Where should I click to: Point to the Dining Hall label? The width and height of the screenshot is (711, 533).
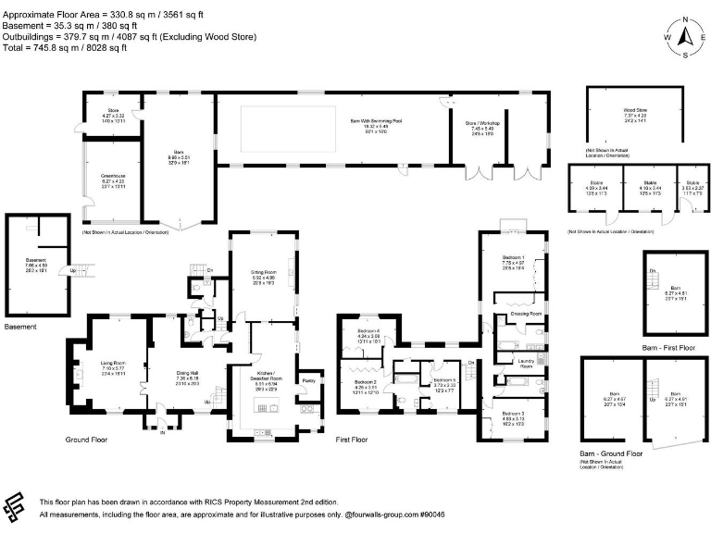(x=188, y=373)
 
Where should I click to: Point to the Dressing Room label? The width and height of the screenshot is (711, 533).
(x=526, y=315)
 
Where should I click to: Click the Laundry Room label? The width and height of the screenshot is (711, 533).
(x=526, y=364)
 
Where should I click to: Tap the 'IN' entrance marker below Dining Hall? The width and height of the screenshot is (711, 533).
(x=161, y=432)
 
